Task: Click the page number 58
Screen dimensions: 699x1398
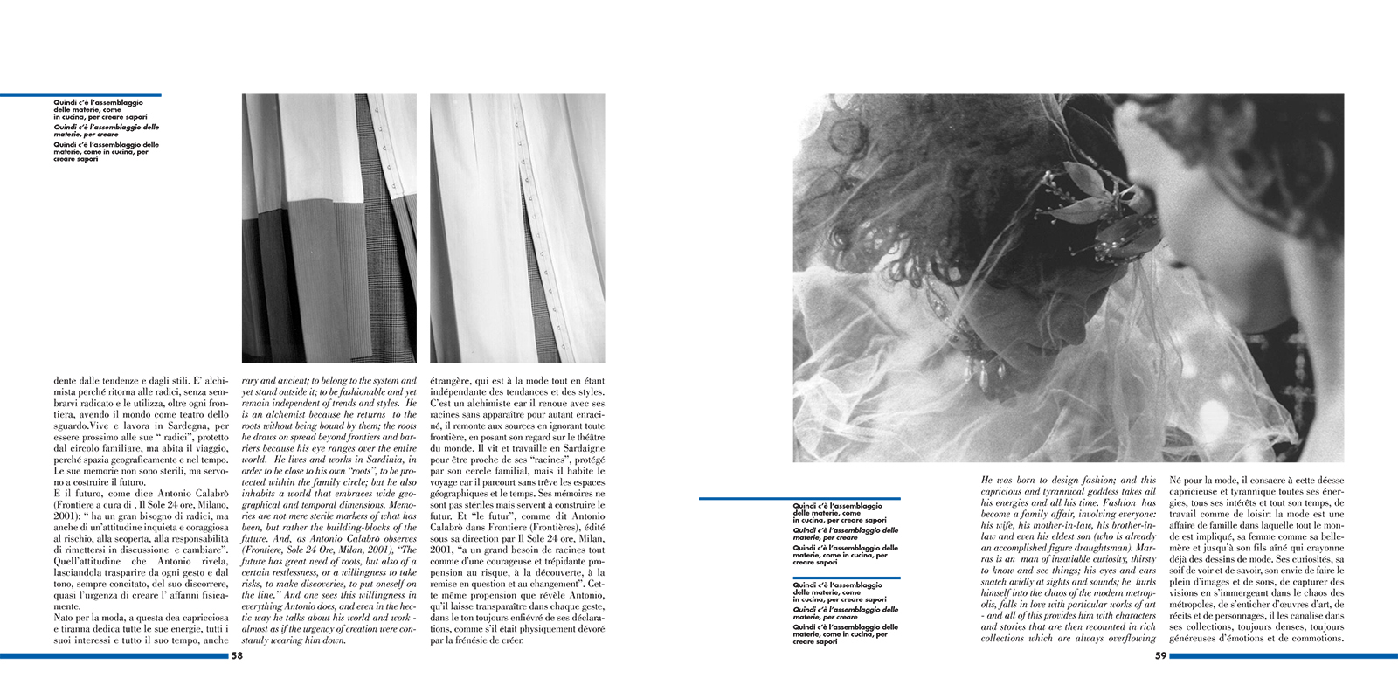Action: [237, 655]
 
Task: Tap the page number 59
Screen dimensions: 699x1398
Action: [1160, 655]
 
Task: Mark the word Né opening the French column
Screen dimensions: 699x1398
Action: [1175, 481]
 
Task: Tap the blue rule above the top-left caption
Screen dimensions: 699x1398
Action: [80, 95]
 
